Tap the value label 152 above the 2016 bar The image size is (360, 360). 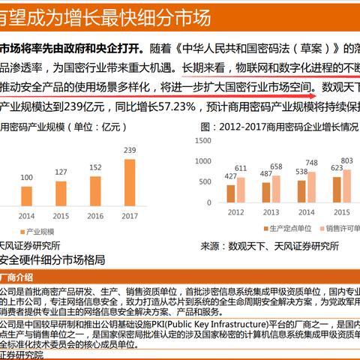coord(95,167)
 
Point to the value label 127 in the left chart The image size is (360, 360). coord(61,172)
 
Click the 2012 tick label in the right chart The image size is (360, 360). coord(235,212)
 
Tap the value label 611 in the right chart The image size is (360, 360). coord(241,169)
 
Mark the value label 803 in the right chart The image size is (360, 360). coord(347,160)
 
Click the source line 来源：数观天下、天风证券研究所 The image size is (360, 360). coord(269,245)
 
